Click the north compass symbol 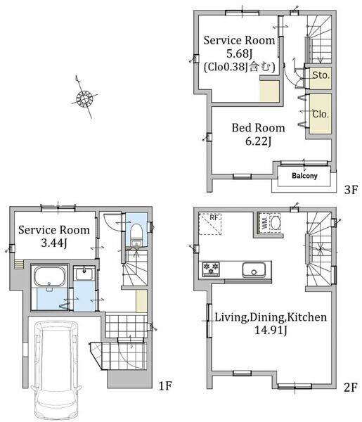84,98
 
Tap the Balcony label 304,176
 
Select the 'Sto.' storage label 321,75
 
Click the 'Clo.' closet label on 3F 321,114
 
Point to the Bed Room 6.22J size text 258,141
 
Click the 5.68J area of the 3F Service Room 239,53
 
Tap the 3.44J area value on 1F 54,243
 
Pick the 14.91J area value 271,330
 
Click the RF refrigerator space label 214,217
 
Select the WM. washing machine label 264,223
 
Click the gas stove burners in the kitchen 211,269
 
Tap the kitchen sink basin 254,269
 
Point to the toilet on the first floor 136,234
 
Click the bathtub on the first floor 50,276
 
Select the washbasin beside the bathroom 84,274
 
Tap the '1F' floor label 165,386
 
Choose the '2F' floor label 351,388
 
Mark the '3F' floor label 351,190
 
